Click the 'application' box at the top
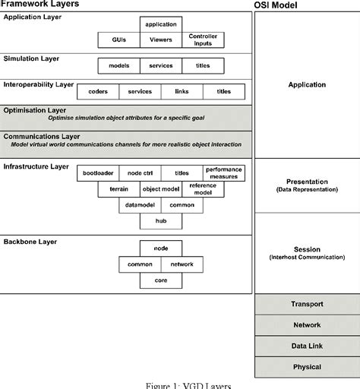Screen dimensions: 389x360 [x=160, y=24]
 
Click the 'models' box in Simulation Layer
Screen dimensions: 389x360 [x=119, y=65]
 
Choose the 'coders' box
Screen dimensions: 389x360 [x=99, y=92]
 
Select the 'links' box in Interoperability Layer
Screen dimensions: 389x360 [x=182, y=92]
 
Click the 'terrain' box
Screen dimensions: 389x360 [x=118, y=188]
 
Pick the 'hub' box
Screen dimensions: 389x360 [x=160, y=221]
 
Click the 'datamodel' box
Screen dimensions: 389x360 [x=139, y=205]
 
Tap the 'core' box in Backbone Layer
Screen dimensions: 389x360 [x=160, y=280]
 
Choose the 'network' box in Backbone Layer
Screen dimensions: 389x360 [x=181, y=264]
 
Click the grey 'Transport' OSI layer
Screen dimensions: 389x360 [x=307, y=304]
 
